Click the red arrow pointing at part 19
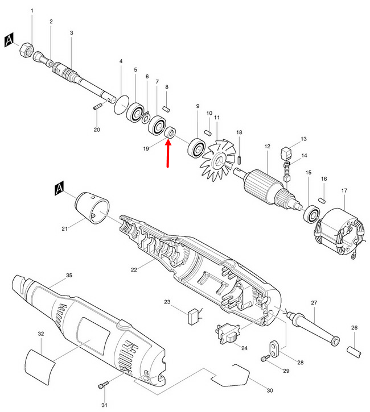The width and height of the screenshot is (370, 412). (x=168, y=153)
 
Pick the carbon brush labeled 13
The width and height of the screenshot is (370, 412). (x=287, y=152)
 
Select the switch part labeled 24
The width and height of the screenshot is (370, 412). (x=227, y=333)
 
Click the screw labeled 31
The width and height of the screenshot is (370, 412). (x=102, y=386)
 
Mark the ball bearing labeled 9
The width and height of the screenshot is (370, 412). (x=197, y=149)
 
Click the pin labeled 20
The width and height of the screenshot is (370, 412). (x=97, y=106)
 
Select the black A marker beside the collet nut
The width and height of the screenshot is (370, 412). (x=10, y=40)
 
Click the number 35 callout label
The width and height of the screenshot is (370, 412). (x=69, y=275)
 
